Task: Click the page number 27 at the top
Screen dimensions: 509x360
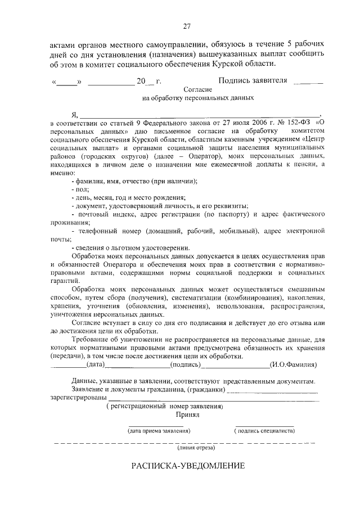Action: click(187, 25)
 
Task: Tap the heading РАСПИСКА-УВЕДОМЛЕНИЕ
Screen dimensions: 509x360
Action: click(188, 466)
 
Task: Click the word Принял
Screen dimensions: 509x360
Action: click(188, 415)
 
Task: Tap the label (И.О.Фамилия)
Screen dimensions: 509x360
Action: click(294, 364)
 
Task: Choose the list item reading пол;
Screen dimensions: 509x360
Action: click(76, 190)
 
